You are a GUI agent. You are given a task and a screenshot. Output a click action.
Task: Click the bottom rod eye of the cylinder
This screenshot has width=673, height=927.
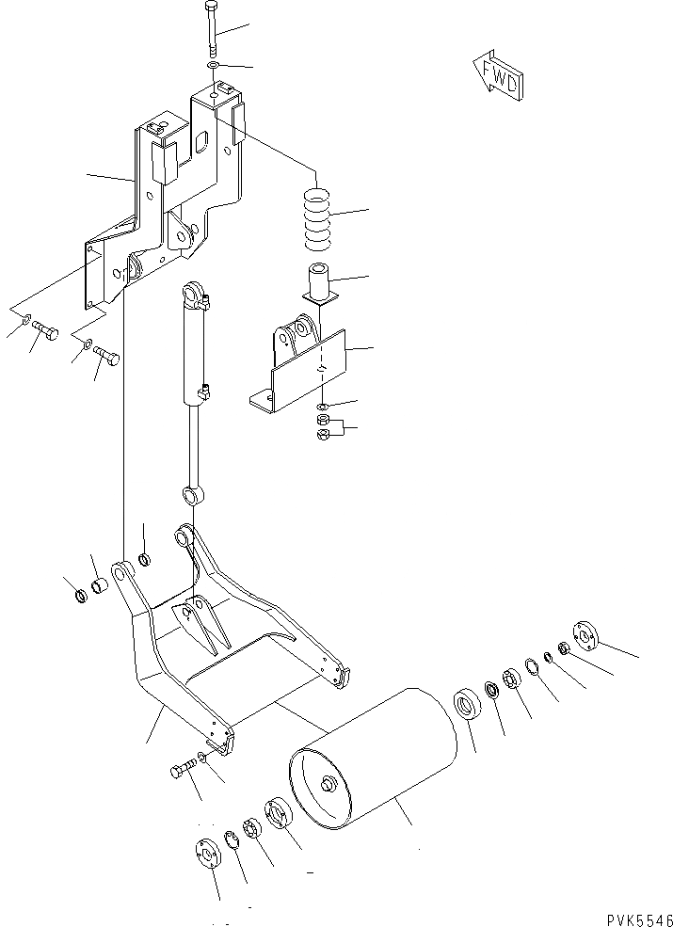(x=191, y=493)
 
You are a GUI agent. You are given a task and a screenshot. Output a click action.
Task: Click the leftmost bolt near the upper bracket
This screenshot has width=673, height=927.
(x=44, y=331)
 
